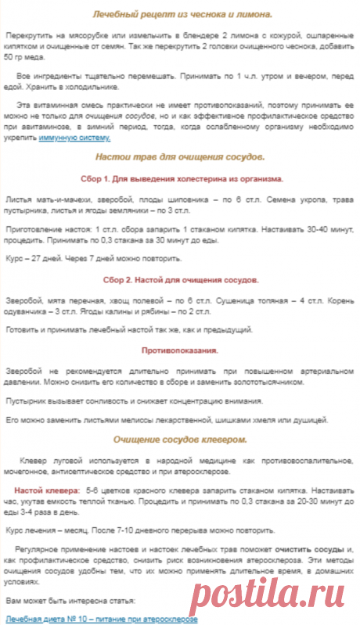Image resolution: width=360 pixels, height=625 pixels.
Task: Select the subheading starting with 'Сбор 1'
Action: click(x=181, y=178)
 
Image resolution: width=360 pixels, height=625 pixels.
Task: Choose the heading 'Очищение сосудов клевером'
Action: click(x=180, y=440)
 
